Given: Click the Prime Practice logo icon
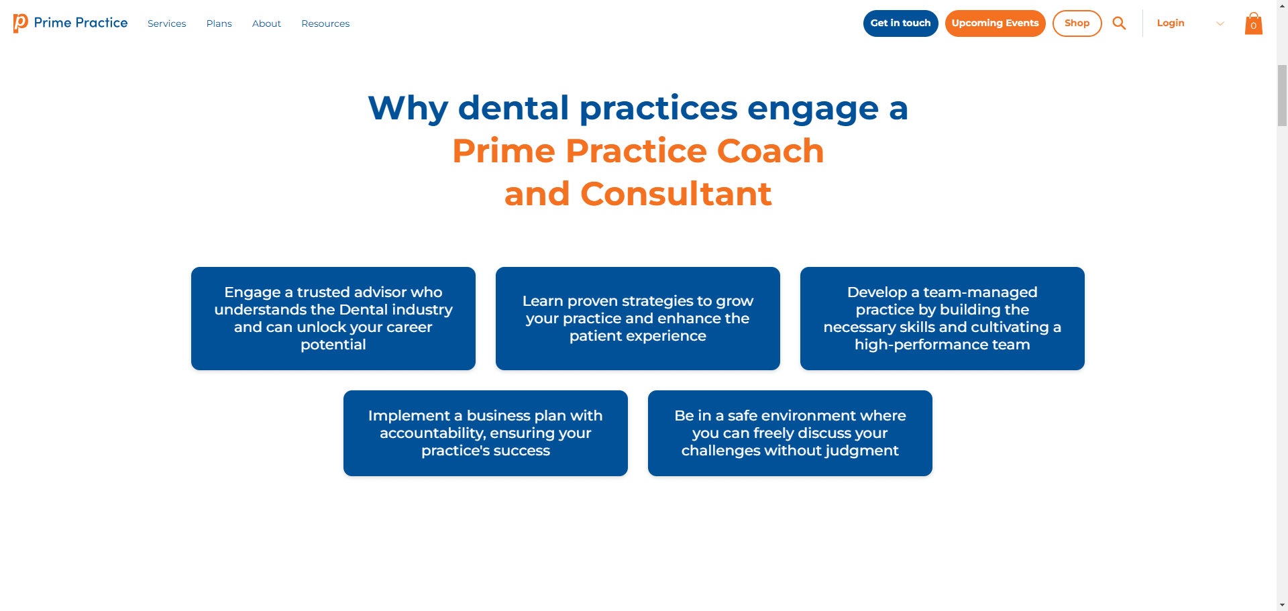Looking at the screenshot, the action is [21, 23].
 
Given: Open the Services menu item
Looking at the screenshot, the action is [166, 23].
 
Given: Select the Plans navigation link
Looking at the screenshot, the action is [219, 23].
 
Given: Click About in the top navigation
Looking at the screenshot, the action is [266, 23].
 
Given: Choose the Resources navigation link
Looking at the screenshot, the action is [325, 23].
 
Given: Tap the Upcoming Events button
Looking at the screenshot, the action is [995, 23].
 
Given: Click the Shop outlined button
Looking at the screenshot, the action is [1077, 23].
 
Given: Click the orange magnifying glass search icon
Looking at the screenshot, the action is [1119, 23].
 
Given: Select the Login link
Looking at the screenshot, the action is [1171, 23].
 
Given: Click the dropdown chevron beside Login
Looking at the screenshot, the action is [1220, 23].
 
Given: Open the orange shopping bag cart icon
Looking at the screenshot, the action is [1253, 23].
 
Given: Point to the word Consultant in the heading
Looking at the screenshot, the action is [676, 194].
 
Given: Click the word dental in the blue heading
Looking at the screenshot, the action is [514, 108].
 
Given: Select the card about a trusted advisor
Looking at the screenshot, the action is [333, 319].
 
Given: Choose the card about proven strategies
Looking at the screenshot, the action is [638, 319].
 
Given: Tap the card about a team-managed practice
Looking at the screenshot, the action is [943, 319].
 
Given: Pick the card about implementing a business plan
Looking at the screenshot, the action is [486, 433].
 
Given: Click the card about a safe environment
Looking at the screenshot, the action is [790, 433].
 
